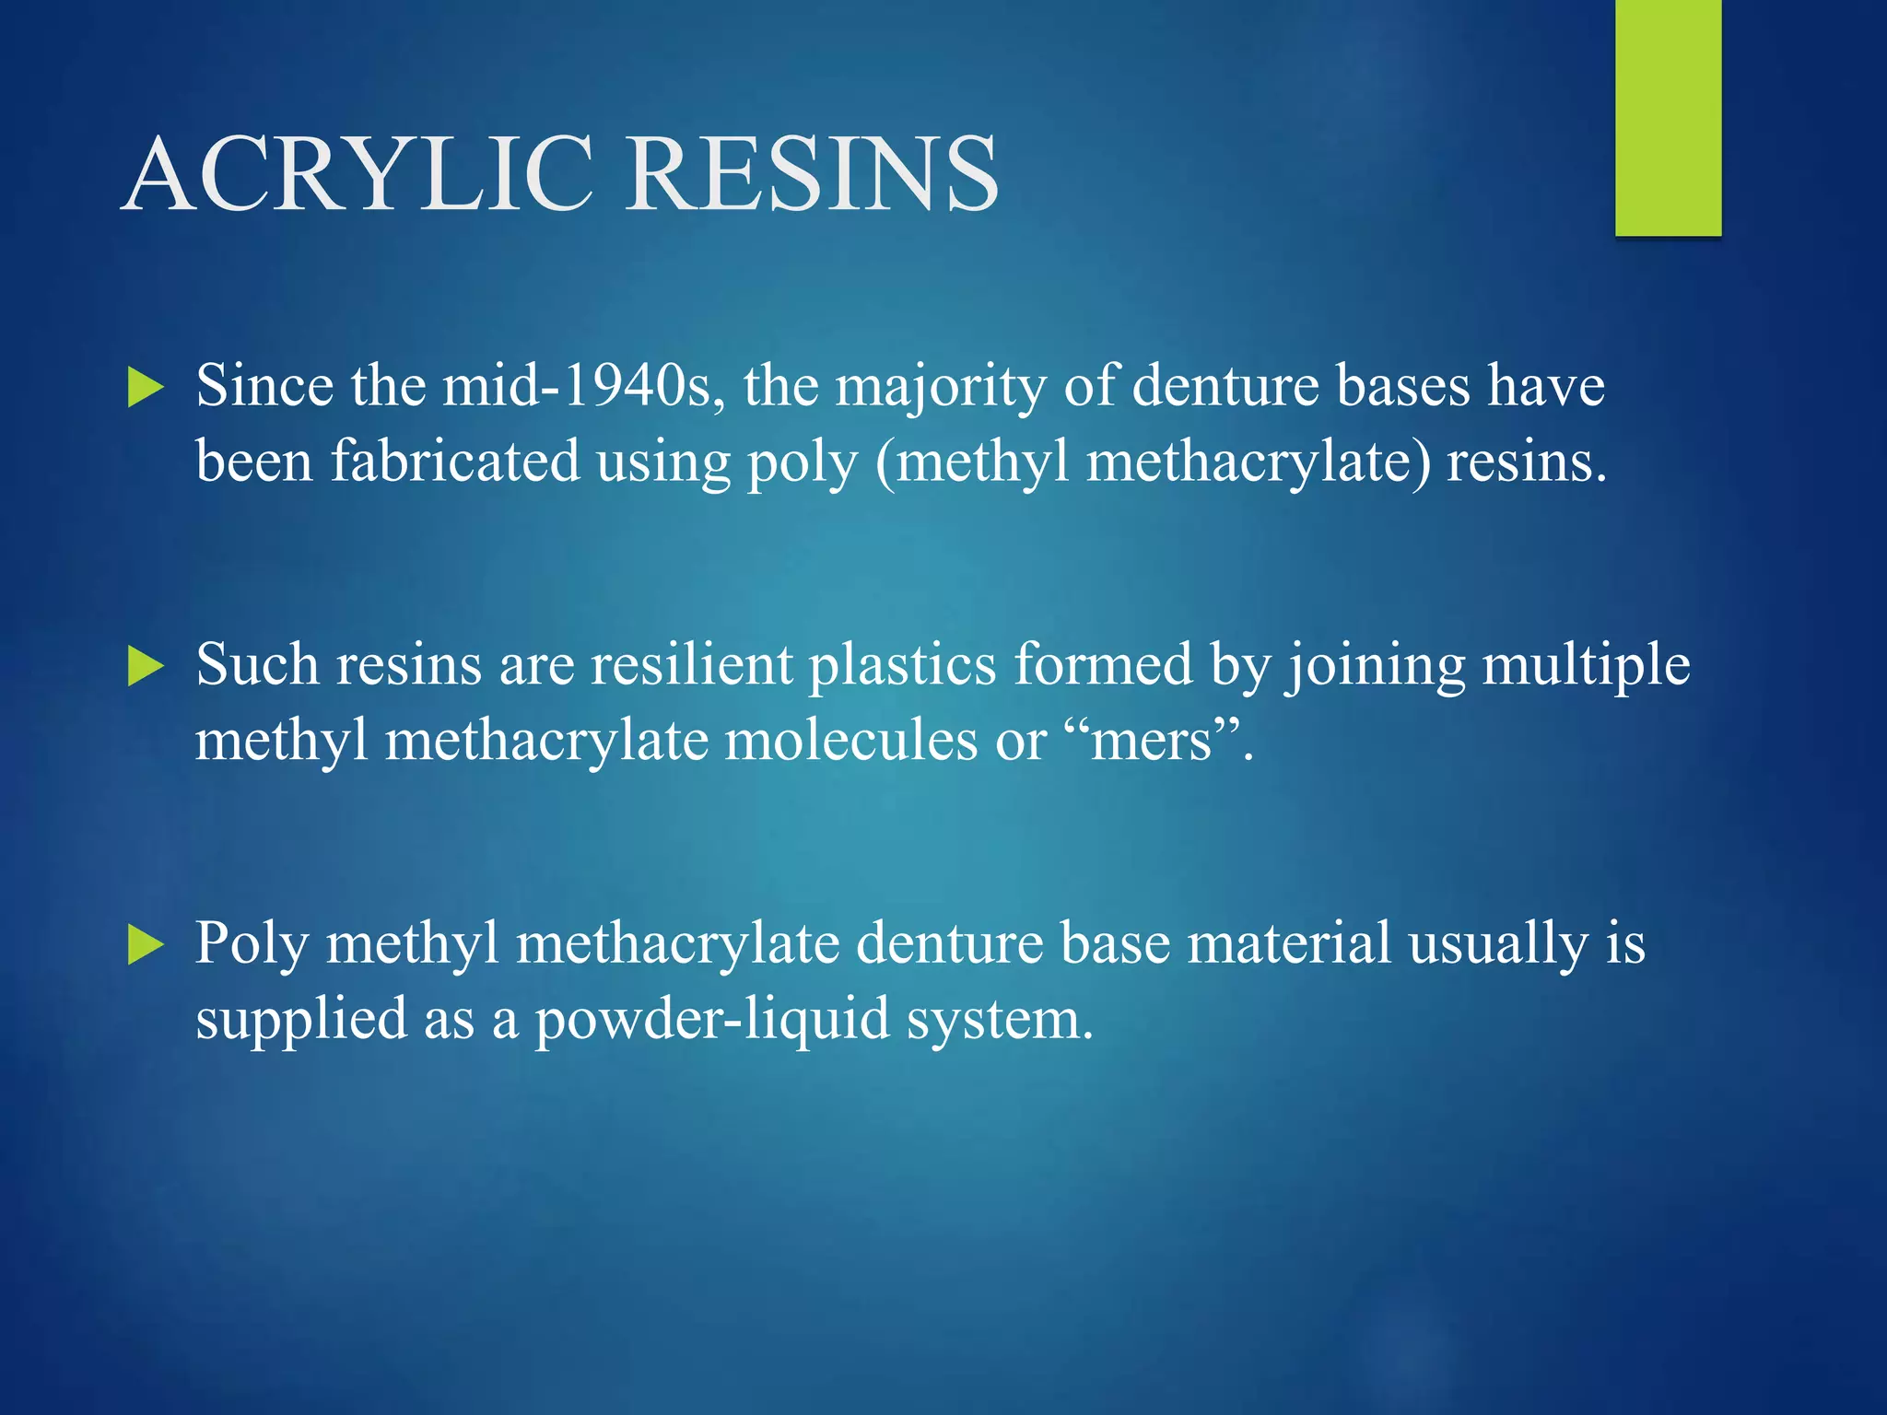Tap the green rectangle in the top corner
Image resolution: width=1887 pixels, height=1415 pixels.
click(1668, 118)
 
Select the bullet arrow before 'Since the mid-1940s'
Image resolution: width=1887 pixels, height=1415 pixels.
click(146, 388)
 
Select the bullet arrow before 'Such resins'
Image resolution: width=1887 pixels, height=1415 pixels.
click(146, 666)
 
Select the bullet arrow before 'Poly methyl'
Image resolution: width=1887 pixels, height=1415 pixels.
click(146, 945)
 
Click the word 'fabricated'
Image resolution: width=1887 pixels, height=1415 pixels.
click(455, 461)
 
